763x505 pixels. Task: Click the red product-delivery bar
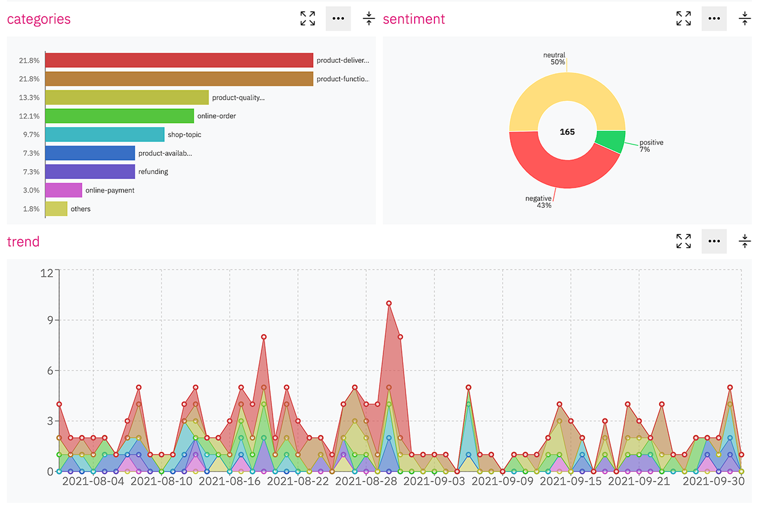point(179,60)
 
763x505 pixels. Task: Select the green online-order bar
point(119,116)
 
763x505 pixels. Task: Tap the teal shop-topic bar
point(105,134)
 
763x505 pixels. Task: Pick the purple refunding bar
point(90,171)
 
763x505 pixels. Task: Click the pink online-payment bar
point(63,190)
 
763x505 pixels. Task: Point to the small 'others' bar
point(56,209)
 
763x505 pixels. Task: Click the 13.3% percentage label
point(30,97)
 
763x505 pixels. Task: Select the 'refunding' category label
point(153,172)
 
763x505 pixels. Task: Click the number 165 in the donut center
point(567,132)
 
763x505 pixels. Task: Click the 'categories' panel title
point(39,19)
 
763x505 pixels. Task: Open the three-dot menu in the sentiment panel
point(714,18)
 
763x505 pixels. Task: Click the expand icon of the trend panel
point(683,241)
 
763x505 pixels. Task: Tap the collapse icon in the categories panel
point(369,18)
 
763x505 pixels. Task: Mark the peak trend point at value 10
point(389,303)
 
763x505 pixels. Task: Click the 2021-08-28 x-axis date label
point(366,481)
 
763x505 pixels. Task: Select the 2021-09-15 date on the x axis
point(570,481)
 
